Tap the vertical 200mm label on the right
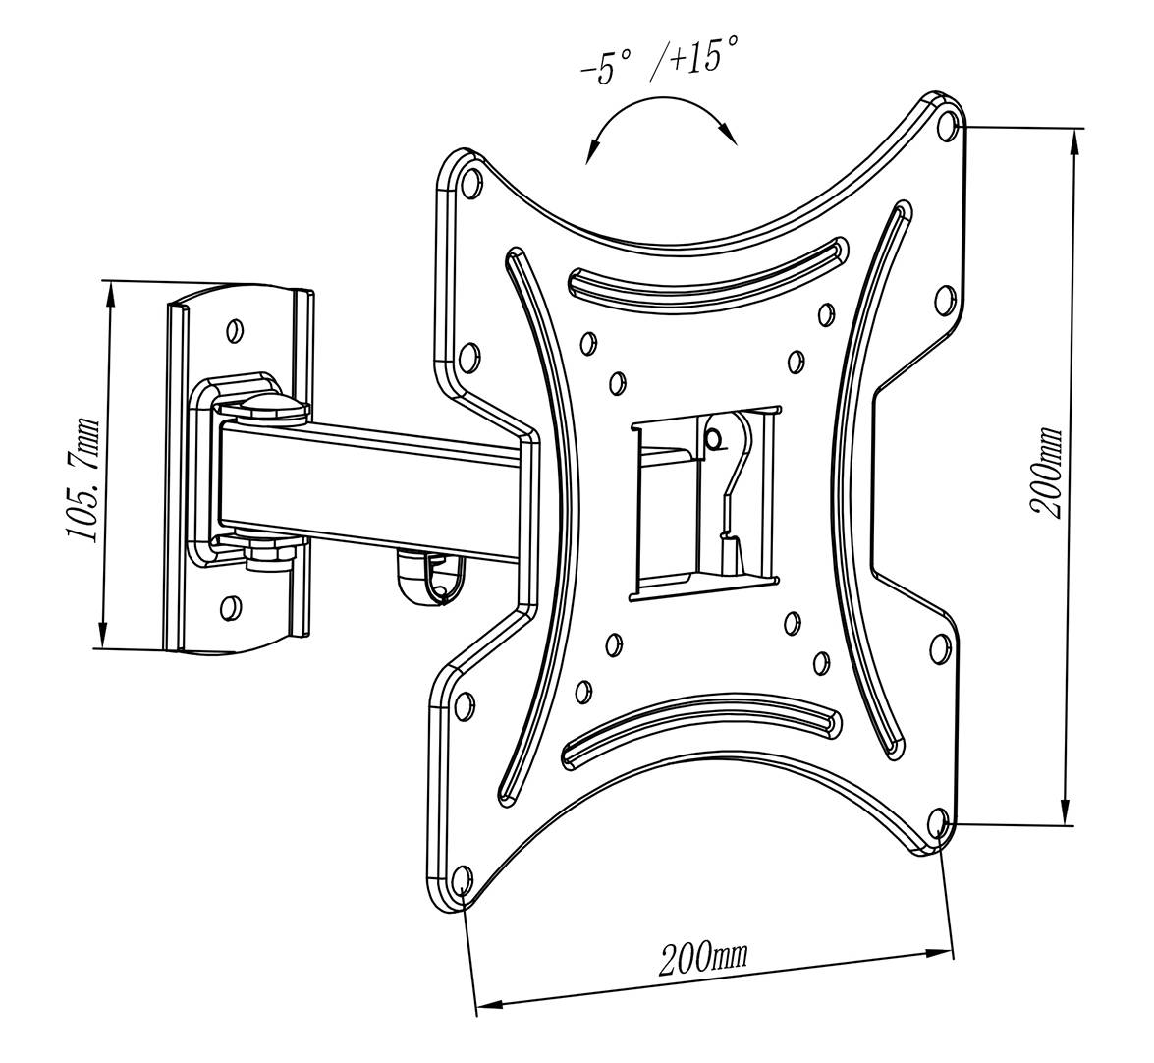(1046, 473)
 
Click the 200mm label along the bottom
(702, 956)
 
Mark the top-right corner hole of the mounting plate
(947, 126)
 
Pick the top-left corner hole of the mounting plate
(469, 183)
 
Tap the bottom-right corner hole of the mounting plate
(937, 821)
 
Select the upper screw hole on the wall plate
(234, 330)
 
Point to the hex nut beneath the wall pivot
(266, 553)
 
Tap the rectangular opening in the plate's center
(703, 501)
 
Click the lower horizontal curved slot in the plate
(699, 731)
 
